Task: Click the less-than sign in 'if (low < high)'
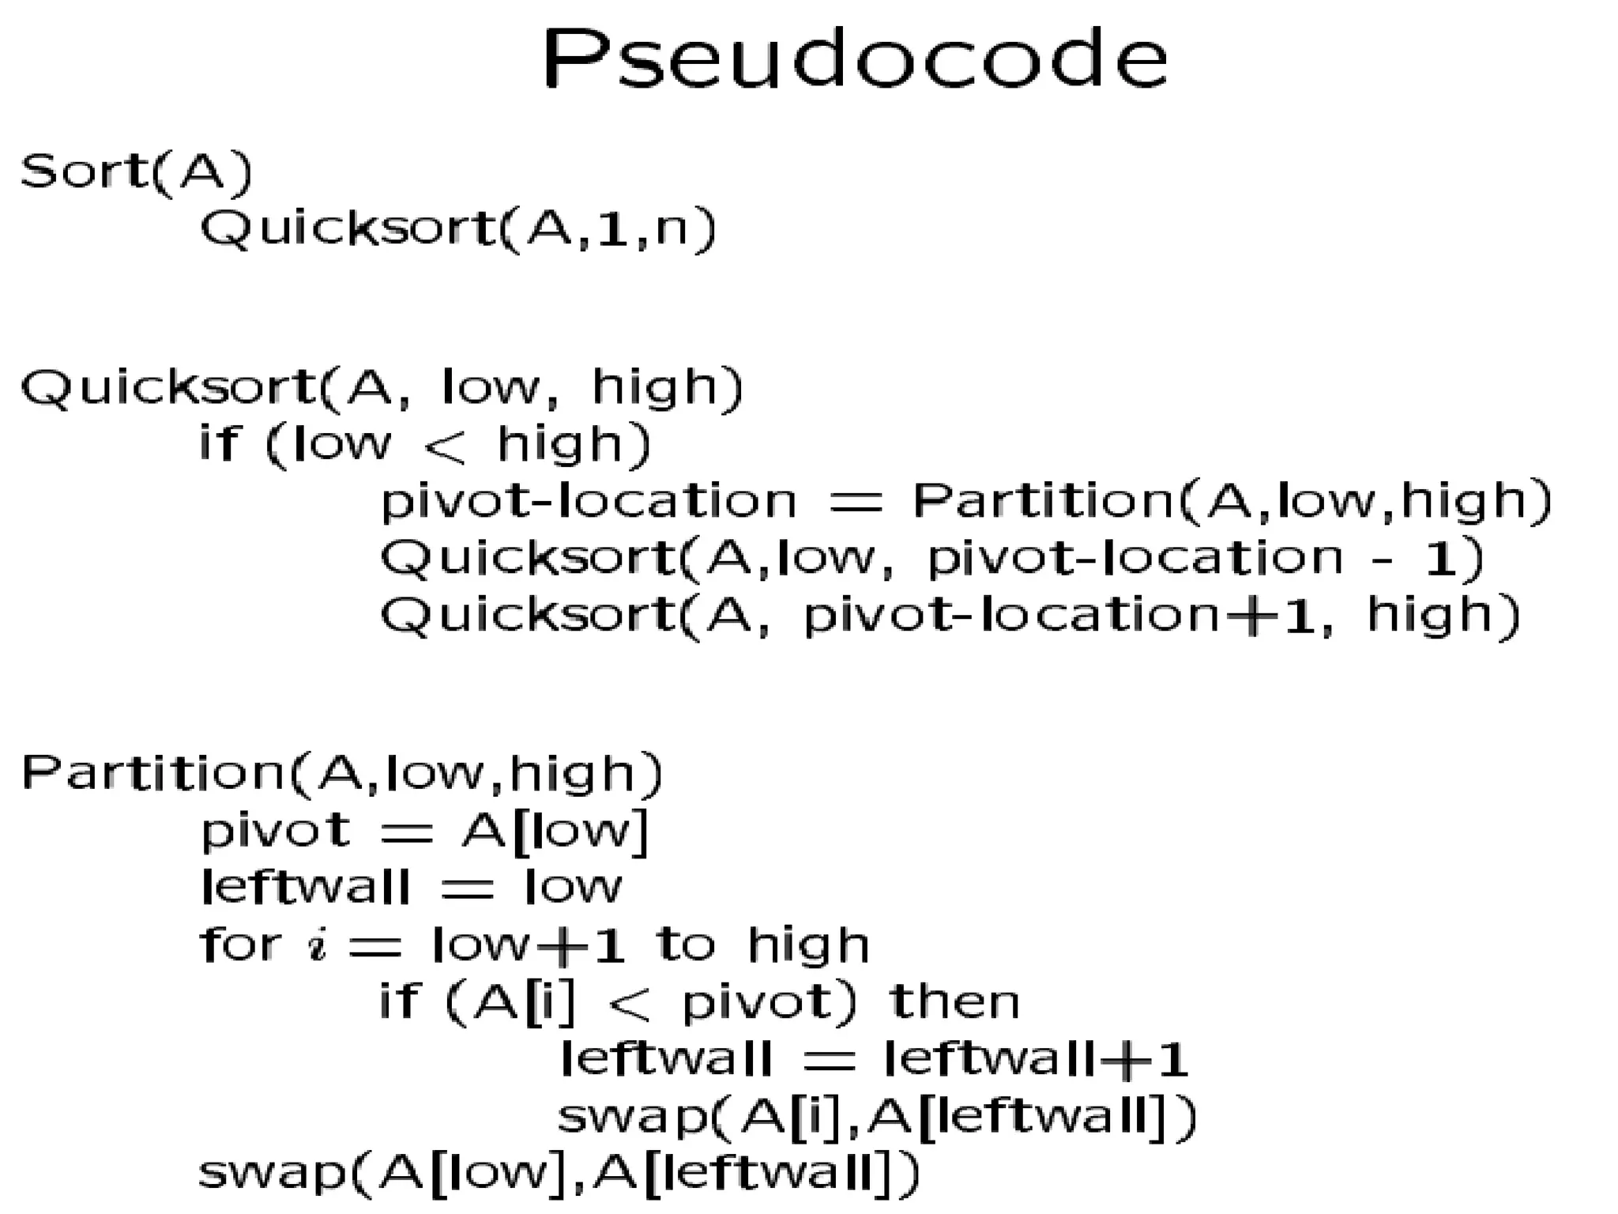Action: pos(445,447)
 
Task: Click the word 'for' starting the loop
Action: pos(239,944)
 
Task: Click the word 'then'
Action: pos(954,1002)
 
